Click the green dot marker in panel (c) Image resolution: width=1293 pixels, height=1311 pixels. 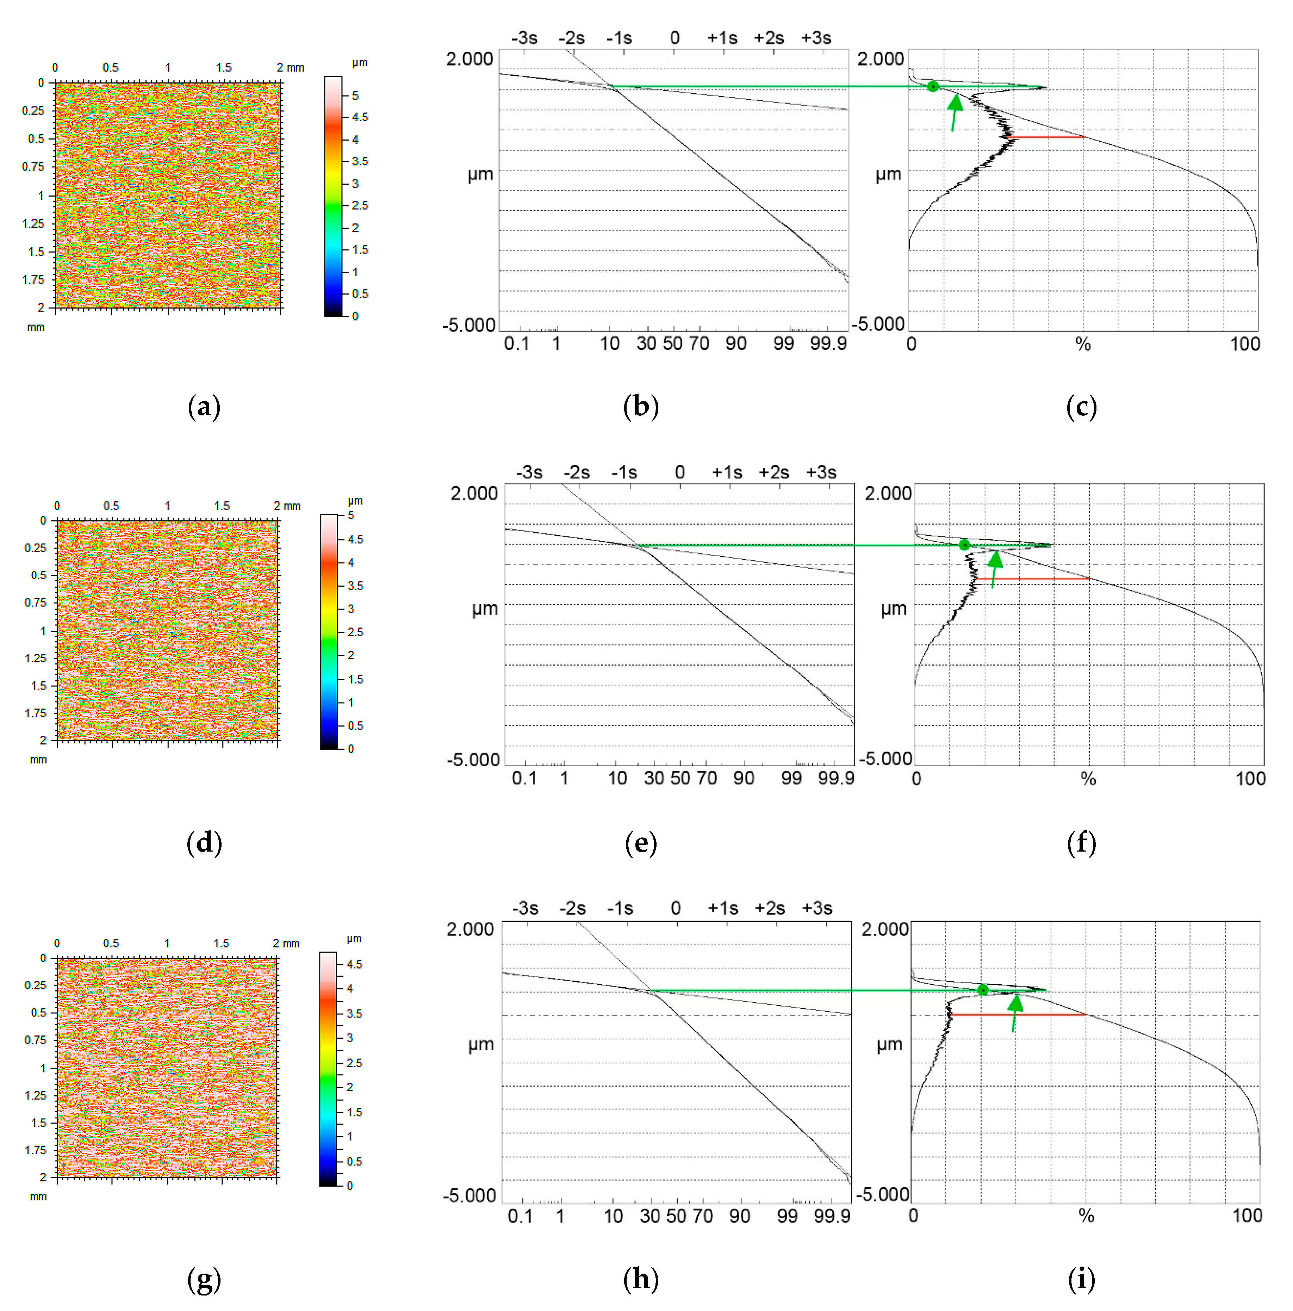point(933,86)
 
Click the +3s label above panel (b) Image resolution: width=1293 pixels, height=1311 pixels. point(816,38)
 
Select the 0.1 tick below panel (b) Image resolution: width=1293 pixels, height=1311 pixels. point(516,344)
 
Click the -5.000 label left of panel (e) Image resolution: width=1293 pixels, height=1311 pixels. point(473,759)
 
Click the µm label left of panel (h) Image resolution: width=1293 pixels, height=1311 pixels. point(480,1044)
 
